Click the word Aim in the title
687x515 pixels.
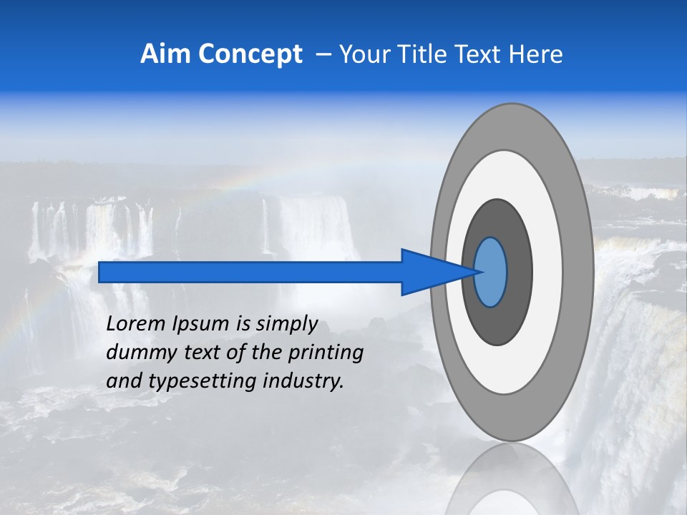[x=165, y=54]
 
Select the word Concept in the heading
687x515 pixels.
[x=250, y=55]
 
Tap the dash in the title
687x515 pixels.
[x=323, y=55]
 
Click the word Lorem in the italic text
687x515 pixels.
[x=136, y=324]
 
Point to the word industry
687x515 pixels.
[x=303, y=381]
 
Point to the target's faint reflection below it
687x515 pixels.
[x=512, y=486]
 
